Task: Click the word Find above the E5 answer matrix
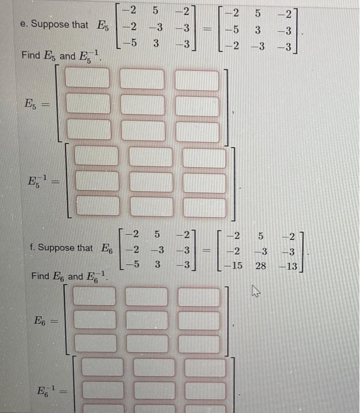30,56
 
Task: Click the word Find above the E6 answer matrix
41,276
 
